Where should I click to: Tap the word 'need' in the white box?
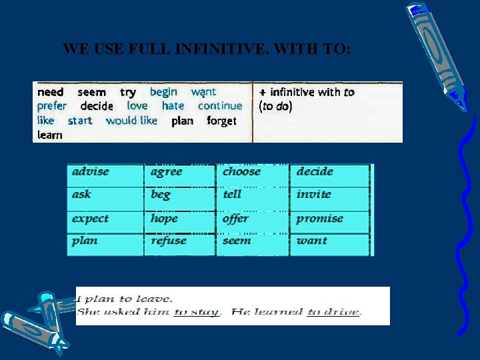click(51, 92)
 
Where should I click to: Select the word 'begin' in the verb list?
click(163, 92)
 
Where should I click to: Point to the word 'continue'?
click(220, 106)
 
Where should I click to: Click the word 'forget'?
click(221, 121)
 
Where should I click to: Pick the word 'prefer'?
click(52, 106)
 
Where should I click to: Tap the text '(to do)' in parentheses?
click(275, 106)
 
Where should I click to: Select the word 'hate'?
click(173, 106)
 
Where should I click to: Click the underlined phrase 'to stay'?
click(196, 312)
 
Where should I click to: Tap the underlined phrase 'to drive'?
click(334, 312)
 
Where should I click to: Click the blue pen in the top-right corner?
click(437, 53)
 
